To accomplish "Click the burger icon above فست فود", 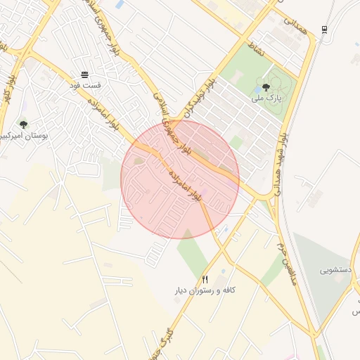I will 85,74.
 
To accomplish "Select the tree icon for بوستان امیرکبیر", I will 23,124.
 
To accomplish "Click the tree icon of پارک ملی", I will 265,88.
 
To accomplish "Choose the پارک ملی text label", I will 269,99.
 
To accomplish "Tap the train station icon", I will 324,30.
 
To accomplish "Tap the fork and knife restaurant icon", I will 205,279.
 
